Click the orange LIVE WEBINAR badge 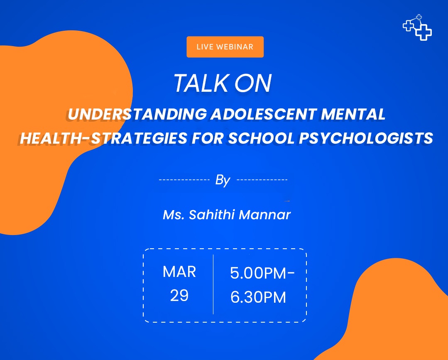(x=225, y=47)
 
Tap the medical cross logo (x=417, y=27)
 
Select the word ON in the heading (x=253, y=83)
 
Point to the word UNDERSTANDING (x=137, y=114)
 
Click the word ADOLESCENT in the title (x=263, y=114)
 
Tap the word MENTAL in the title (x=353, y=114)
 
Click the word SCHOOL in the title (x=261, y=138)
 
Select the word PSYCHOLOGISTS (x=366, y=138)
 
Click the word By (x=223, y=180)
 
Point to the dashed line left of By (x=184, y=180)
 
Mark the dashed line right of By (x=262, y=180)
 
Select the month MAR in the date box (x=179, y=272)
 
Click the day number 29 (x=179, y=295)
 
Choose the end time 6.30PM (x=258, y=297)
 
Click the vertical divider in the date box (x=213, y=284)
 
